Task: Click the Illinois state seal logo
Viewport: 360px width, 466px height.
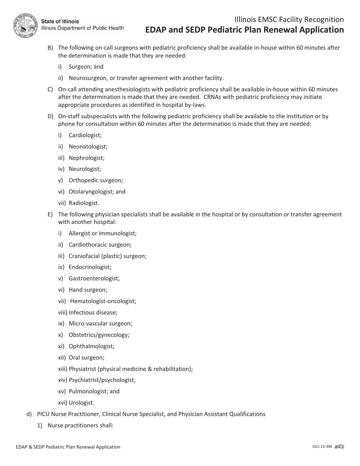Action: tap(25, 25)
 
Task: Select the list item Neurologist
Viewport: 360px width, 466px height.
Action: tap(85, 169)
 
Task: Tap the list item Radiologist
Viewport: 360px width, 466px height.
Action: tap(84, 203)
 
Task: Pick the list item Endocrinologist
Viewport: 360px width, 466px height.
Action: tap(90, 267)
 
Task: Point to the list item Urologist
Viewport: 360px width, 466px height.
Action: tap(81, 403)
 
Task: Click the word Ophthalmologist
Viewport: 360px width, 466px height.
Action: tap(91, 346)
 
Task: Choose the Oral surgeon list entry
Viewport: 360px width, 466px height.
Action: tap(86, 358)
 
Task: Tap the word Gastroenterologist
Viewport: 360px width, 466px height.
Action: tap(94, 278)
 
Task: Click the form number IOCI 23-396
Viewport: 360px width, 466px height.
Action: tap(319, 447)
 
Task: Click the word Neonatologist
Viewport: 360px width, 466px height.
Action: tap(88, 146)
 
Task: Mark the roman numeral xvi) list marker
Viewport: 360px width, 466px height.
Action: tap(63, 403)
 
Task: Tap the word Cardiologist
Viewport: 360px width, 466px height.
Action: tap(85, 135)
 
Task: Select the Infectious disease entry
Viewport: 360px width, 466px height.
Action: tap(93, 313)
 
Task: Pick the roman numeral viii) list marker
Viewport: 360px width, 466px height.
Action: tap(63, 313)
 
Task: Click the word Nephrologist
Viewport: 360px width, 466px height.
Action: tap(86, 158)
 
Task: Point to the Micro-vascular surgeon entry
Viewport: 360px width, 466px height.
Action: tap(100, 324)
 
